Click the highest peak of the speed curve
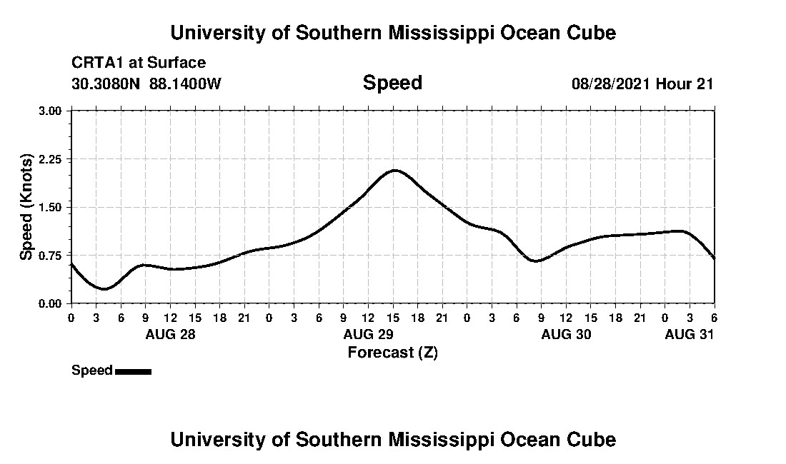click(x=394, y=170)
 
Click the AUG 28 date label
click(x=170, y=334)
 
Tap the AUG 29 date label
click(x=369, y=334)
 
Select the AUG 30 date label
click(x=567, y=334)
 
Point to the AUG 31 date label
click(x=690, y=334)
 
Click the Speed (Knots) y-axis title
click(x=26, y=207)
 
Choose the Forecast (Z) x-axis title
click(x=392, y=352)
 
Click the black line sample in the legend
click(x=133, y=371)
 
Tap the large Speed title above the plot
click(x=392, y=83)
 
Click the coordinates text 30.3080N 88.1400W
click(x=146, y=84)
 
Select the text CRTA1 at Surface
click(x=139, y=63)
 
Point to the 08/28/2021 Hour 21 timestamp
click(x=642, y=84)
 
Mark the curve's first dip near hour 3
click(x=104, y=289)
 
